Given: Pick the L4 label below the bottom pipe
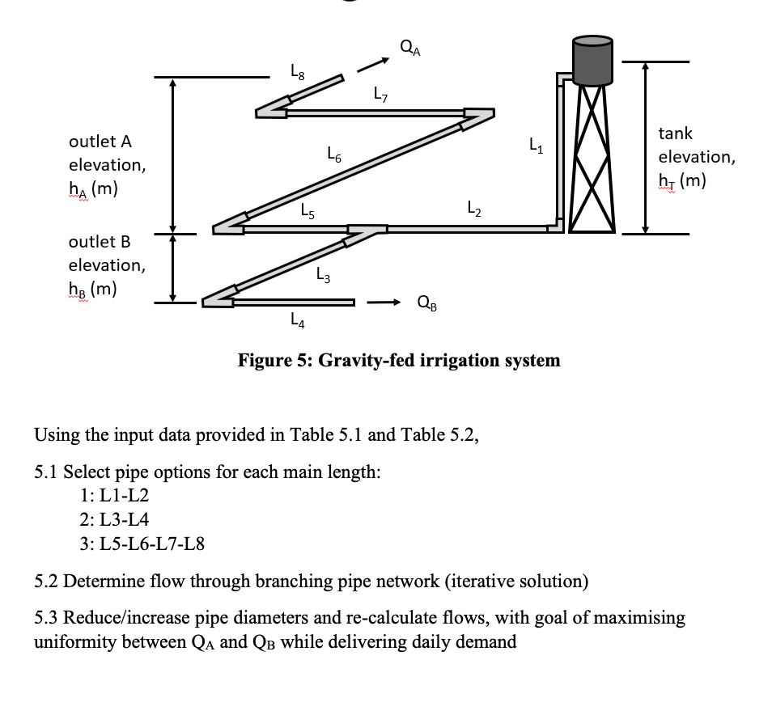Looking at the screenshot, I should click(297, 322).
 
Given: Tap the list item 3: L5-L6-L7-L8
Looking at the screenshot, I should click(142, 543).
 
